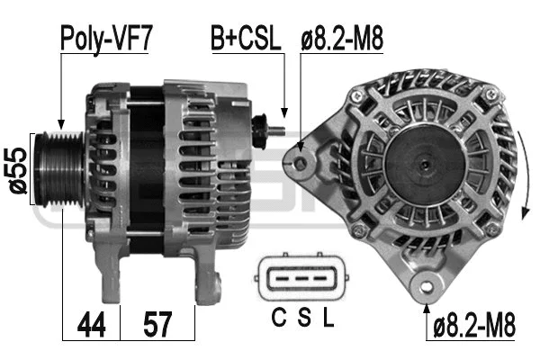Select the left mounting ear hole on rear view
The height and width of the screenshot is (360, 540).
(x=301, y=162)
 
